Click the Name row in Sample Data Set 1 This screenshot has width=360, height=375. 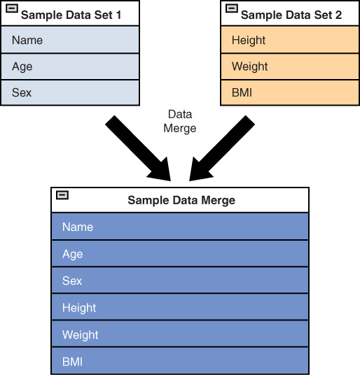70,40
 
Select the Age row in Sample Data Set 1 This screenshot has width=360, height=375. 70,66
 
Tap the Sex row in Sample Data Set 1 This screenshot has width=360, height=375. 70,92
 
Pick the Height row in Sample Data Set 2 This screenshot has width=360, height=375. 290,40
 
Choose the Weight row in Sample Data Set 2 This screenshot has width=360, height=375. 290,66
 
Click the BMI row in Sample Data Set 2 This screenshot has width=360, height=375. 290,92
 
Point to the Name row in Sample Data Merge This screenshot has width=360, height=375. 180,226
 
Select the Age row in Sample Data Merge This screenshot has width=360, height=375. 180,253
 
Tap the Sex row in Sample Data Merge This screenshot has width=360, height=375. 180,281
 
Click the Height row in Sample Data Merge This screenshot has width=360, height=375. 180,307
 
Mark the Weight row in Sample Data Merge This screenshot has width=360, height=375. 180,334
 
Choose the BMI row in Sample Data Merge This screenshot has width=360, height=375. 180,361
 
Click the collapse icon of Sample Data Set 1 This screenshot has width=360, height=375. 12,8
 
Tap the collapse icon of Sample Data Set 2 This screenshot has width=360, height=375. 231,8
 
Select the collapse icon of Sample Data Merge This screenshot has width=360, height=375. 62,195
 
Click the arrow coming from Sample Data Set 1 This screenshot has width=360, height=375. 139,149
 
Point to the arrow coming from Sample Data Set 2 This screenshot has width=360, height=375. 221,149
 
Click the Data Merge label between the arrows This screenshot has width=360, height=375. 180,122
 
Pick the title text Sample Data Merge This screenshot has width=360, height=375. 181,200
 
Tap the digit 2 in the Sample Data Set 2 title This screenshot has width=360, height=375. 338,15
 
